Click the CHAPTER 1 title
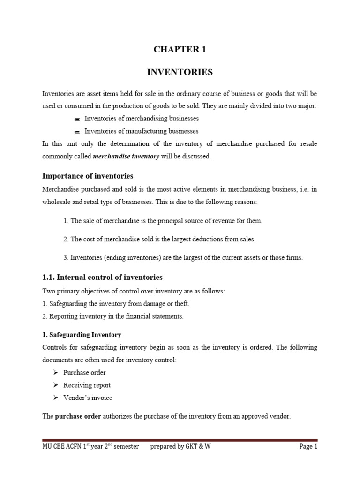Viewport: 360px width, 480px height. [180, 50]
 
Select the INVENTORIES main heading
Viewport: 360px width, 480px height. [180, 72]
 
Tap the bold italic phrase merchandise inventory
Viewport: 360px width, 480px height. [126, 157]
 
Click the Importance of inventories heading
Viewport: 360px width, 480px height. [88, 176]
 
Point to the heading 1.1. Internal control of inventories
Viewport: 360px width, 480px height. [102, 277]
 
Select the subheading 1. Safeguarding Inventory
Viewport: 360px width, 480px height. [82, 335]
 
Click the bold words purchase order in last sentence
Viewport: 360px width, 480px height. [78, 415]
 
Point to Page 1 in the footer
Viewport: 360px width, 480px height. [308, 447]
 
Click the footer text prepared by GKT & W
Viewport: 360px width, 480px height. [180, 447]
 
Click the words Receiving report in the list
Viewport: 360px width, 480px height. [90, 385]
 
